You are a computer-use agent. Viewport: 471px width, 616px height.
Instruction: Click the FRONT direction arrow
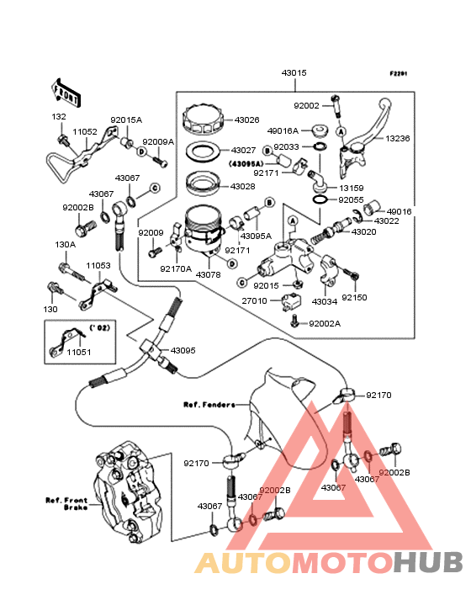pyautogui.click(x=66, y=93)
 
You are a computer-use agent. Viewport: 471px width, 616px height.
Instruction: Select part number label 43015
pyautogui.click(x=294, y=72)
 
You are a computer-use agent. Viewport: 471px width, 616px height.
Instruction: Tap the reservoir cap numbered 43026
pyautogui.click(x=203, y=118)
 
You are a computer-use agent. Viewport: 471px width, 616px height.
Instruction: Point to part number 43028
pyautogui.click(x=242, y=186)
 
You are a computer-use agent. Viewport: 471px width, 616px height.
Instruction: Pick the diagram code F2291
pyautogui.click(x=399, y=73)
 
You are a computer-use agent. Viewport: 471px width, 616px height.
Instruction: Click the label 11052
pyautogui.click(x=85, y=132)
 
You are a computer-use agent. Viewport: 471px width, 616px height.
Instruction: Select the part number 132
pyautogui.click(x=59, y=117)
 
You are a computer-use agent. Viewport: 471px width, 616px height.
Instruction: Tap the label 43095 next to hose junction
pyautogui.click(x=183, y=350)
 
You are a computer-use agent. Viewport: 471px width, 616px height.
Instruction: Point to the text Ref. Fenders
pyautogui.click(x=209, y=405)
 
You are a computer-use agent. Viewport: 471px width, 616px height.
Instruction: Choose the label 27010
pyautogui.click(x=254, y=301)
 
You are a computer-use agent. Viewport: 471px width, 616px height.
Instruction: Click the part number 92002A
pyautogui.click(x=325, y=324)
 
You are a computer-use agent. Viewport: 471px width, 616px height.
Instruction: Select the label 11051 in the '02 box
pyautogui.click(x=79, y=352)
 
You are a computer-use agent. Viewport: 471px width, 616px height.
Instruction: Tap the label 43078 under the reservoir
pyautogui.click(x=208, y=275)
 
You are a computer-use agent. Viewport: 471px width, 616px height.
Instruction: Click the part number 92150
pyautogui.click(x=354, y=297)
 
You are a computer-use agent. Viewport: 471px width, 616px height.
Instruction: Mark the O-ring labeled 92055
pyautogui.click(x=320, y=199)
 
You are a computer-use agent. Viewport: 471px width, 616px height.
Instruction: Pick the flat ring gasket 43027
pyautogui.click(x=203, y=150)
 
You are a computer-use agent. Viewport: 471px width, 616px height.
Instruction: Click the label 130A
pyautogui.click(x=65, y=245)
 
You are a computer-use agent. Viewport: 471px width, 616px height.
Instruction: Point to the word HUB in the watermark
pyautogui.click(x=429, y=562)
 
